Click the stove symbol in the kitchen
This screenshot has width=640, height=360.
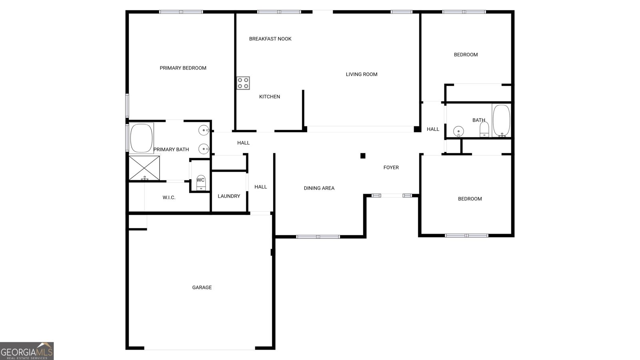243,83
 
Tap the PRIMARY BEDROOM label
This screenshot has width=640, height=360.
183,68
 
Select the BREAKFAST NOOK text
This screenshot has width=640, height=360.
270,39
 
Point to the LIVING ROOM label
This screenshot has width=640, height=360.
361,74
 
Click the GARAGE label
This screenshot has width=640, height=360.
202,288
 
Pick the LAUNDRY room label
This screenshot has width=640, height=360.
229,196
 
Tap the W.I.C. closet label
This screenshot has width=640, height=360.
169,198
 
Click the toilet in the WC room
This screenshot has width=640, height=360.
201,182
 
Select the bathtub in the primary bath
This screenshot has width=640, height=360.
142,138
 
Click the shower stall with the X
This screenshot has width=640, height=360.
144,168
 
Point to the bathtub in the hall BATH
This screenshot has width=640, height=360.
501,120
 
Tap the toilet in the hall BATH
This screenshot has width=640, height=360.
484,130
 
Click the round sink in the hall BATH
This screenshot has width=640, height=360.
458,131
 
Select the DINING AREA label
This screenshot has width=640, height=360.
319,188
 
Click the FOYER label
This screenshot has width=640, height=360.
391,168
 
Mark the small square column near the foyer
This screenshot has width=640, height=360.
363,156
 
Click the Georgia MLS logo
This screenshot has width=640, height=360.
27,351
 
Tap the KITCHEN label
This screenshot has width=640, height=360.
269,97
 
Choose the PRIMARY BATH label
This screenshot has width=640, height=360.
171,150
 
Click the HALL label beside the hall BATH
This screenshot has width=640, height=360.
433,129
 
